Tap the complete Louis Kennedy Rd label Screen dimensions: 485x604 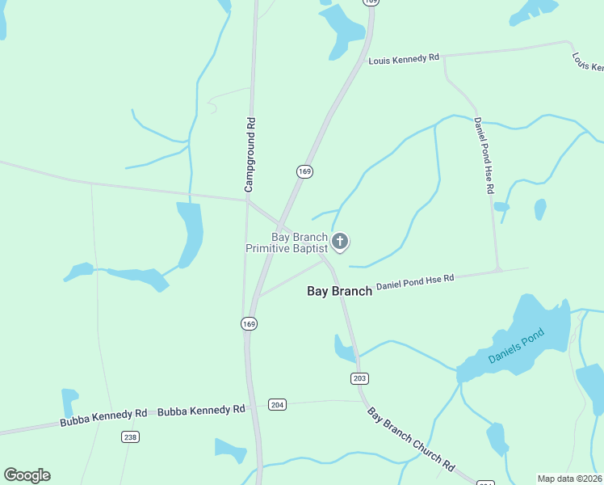coord(404,60)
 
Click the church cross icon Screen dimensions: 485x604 coord(340,241)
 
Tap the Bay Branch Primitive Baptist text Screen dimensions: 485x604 coord(287,243)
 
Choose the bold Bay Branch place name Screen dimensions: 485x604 coord(339,291)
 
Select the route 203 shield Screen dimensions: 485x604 coord(360,378)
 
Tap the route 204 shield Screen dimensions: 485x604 coord(277,404)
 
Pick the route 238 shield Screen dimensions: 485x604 coord(130,437)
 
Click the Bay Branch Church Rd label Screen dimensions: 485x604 coord(411,441)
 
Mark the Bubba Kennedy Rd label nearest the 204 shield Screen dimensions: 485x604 coord(201,411)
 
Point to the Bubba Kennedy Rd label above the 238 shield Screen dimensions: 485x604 coord(103,418)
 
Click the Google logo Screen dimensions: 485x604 coord(27,475)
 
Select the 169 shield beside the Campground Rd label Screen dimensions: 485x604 coord(304,171)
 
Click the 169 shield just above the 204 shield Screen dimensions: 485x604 coord(249,323)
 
